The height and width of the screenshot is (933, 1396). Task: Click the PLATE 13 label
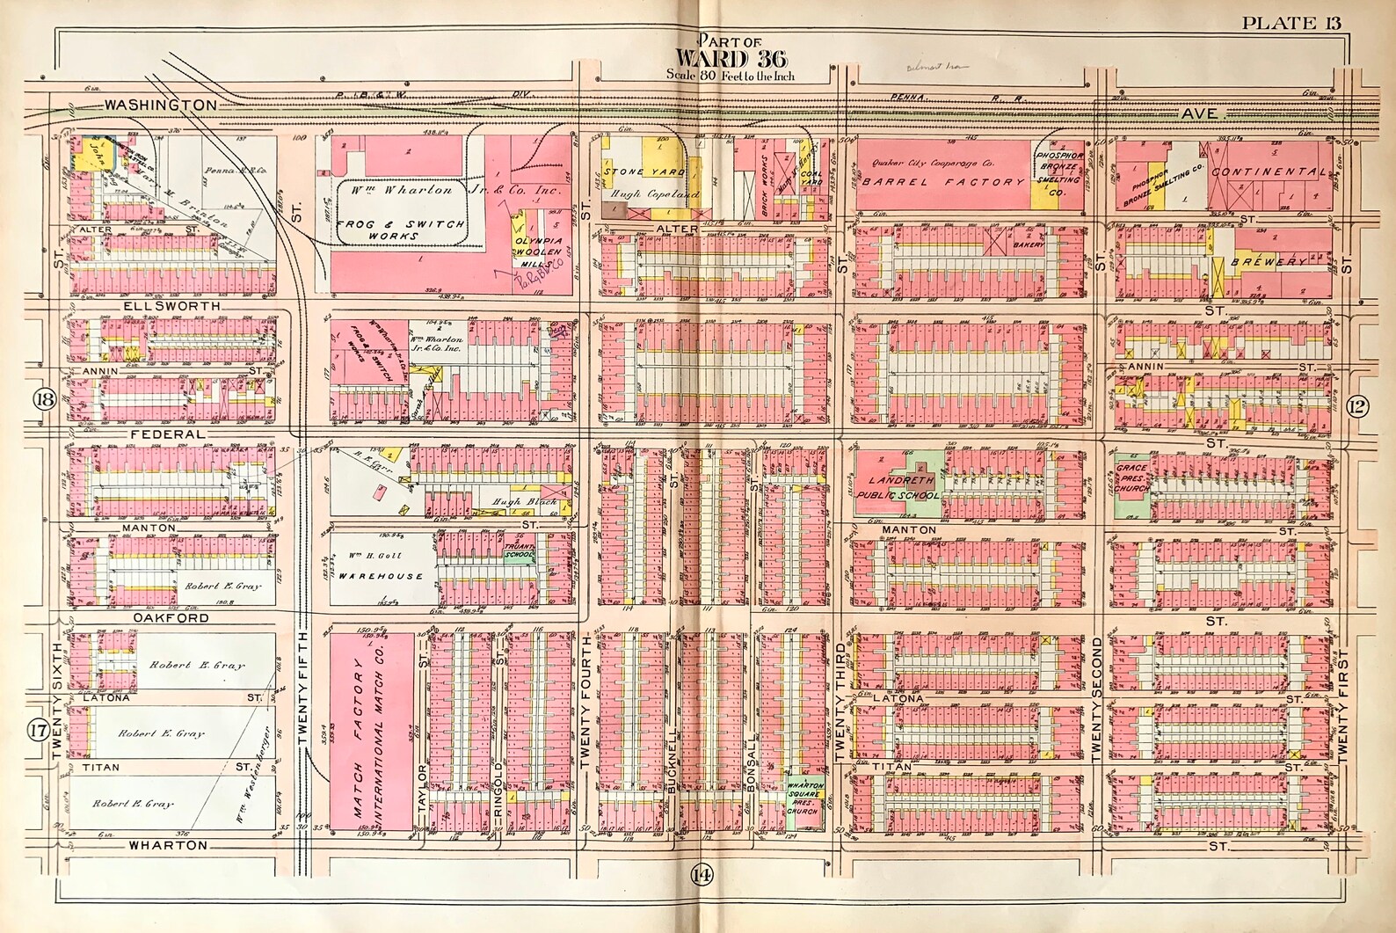tap(1291, 23)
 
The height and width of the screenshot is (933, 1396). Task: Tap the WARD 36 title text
tap(714, 58)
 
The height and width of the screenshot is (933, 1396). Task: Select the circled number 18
tap(44, 400)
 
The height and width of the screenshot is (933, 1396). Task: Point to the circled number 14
tap(701, 875)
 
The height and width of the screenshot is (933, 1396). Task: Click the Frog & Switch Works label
tap(400, 230)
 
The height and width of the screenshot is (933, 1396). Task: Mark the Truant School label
tap(519, 552)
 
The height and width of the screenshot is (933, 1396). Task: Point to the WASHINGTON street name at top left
tap(160, 105)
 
